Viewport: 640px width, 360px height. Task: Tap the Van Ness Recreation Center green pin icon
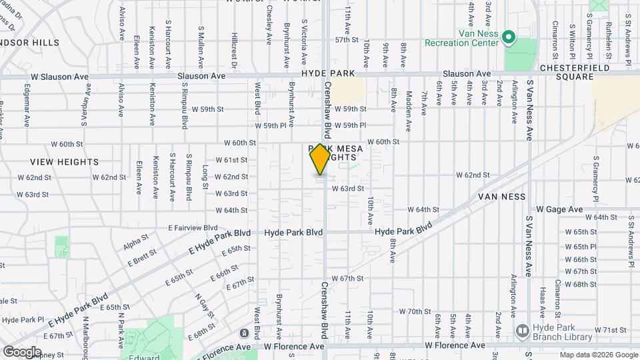click(x=509, y=37)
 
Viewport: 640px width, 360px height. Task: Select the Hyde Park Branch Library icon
click(x=522, y=330)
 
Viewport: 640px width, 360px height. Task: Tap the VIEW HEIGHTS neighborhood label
click(x=64, y=162)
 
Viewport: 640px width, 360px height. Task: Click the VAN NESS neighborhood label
click(x=502, y=197)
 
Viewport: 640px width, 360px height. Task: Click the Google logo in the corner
click(x=22, y=351)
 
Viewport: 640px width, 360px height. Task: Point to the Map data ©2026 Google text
click(x=597, y=355)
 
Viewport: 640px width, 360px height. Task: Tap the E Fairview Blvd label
click(x=193, y=227)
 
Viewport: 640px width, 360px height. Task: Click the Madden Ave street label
click(x=409, y=102)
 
